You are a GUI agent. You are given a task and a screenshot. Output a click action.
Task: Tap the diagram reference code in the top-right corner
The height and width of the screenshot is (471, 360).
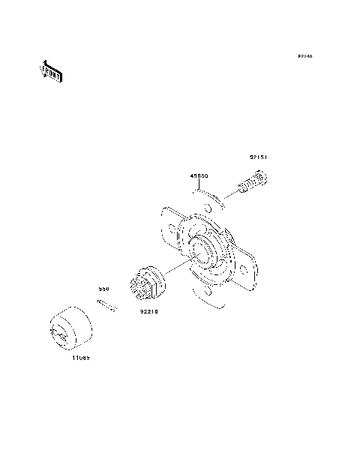tap(304, 57)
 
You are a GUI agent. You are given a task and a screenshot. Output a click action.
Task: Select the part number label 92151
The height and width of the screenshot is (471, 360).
tap(259, 158)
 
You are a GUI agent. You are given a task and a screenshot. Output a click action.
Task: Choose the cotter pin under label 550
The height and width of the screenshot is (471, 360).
tap(104, 306)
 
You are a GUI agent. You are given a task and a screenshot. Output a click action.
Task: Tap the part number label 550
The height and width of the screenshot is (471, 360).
tap(106, 287)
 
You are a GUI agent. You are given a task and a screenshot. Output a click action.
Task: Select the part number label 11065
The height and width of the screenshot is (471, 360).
tap(82, 358)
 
